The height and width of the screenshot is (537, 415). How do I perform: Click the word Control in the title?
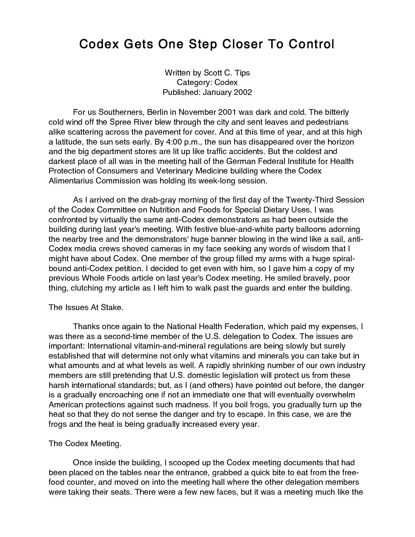(x=311, y=44)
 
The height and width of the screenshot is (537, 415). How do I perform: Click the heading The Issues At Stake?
(x=86, y=308)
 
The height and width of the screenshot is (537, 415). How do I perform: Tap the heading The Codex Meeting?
(x=85, y=444)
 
